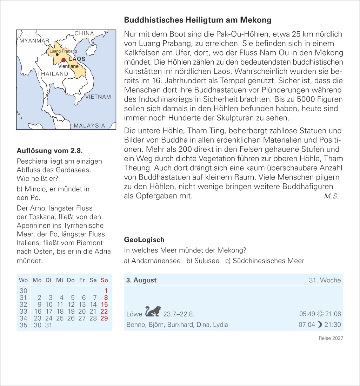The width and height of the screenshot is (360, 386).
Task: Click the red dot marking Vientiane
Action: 64,60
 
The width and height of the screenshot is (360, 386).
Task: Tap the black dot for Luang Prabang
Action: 57,55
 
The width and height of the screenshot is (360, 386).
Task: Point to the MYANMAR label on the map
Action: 34,41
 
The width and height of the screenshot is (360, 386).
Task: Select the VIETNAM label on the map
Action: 98,97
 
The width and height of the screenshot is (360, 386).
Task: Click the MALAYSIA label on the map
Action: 89,125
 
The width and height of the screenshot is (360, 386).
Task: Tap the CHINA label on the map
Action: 84,33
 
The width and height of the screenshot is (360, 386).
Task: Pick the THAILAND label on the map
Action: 53,74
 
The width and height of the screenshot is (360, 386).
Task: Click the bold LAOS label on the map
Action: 77,59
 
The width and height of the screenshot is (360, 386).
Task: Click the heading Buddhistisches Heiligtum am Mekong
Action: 198,20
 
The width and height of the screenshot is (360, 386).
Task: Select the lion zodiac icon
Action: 153,311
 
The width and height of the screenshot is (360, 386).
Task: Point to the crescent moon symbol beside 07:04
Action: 319,325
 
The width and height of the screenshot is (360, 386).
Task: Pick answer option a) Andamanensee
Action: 152,261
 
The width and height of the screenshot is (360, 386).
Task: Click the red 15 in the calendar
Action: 104,305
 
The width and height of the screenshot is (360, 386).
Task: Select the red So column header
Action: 104,280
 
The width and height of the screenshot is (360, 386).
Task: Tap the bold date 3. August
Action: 141,280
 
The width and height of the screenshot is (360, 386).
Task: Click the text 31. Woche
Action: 325,280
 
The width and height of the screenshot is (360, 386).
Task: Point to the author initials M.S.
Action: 331,196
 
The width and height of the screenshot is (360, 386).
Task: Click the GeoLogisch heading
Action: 144,240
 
